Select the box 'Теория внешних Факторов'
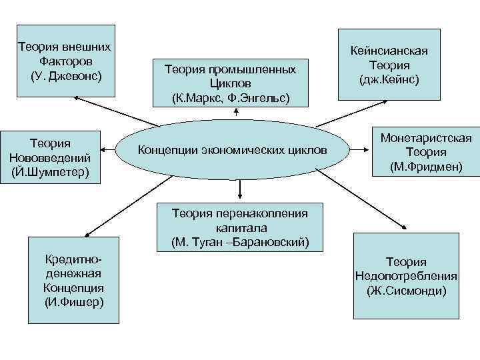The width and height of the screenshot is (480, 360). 66,60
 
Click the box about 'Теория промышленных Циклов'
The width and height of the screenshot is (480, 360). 230,77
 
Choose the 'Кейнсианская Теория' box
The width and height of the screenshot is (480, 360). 389,65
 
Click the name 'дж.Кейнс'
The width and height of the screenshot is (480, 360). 389,80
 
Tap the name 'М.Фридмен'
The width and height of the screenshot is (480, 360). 426,166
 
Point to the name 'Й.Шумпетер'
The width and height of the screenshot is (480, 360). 51,173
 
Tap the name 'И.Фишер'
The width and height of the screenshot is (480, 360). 73,302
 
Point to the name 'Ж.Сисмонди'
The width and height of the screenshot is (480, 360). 407,291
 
